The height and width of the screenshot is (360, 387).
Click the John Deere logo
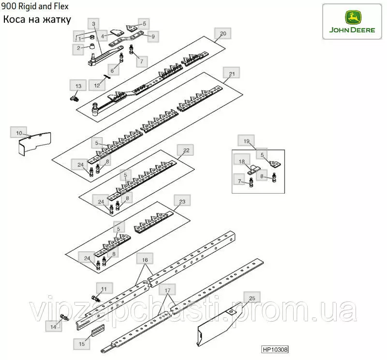click(x=352, y=21)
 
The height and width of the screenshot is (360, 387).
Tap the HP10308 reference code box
click(x=275, y=349)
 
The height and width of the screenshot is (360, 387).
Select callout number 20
click(x=223, y=33)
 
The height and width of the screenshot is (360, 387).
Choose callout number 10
click(x=19, y=133)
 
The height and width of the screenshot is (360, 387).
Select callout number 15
click(x=81, y=344)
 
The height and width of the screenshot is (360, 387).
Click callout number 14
click(x=53, y=327)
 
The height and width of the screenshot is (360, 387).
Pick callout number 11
click(x=104, y=288)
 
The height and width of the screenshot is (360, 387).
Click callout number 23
click(x=182, y=201)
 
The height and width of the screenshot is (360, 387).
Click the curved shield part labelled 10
click(x=34, y=144)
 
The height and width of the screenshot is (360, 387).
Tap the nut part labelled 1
click(x=91, y=38)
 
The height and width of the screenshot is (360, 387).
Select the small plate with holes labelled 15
click(x=98, y=330)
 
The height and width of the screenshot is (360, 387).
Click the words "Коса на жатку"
click(x=37, y=19)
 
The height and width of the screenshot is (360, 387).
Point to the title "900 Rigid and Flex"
click(x=35, y=6)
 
